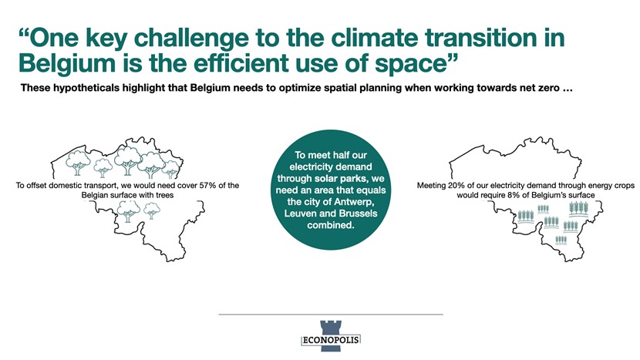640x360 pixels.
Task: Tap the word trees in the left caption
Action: (164, 195)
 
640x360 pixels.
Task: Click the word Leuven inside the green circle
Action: (300, 214)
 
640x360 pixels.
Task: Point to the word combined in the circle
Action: (331, 225)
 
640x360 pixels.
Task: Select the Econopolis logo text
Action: (331, 340)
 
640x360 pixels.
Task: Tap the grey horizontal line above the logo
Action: (331, 315)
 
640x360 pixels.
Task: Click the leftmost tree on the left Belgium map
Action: (78, 163)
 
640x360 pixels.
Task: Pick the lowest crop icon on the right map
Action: (561, 240)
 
